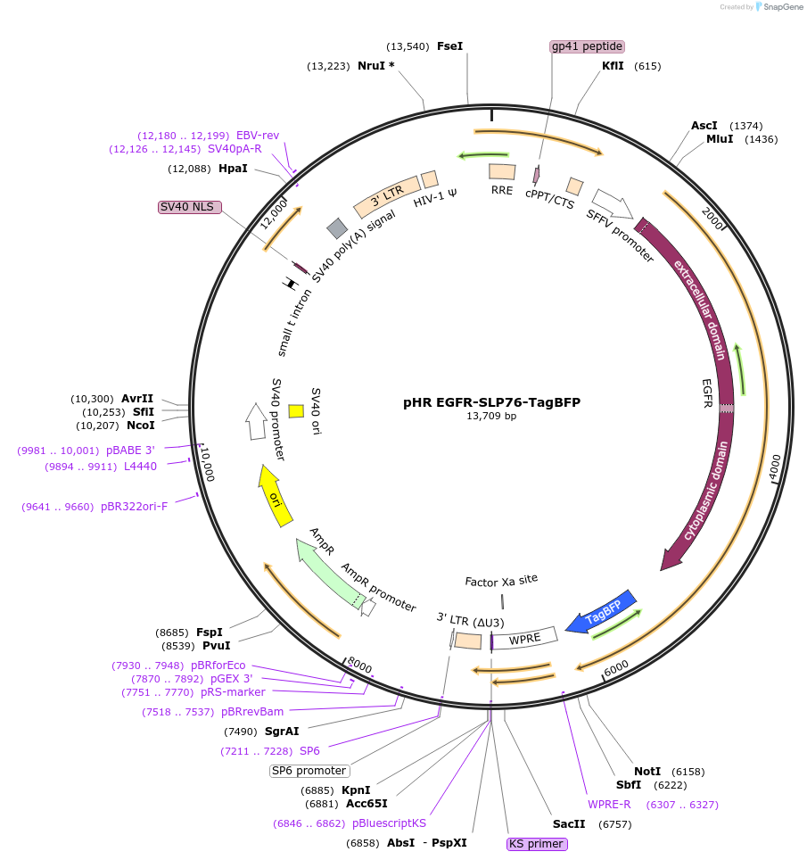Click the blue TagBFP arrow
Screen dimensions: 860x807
click(604, 611)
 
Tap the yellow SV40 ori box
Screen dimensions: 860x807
click(296, 411)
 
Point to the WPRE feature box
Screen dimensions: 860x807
click(524, 639)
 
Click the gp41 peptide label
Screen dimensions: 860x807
click(587, 46)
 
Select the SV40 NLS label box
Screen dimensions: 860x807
click(186, 206)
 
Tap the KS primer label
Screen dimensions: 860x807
click(536, 843)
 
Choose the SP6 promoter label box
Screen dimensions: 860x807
click(309, 771)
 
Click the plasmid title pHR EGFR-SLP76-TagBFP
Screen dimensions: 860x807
click(491, 402)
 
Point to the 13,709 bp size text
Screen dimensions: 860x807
click(491, 416)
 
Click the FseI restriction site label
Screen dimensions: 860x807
click(449, 46)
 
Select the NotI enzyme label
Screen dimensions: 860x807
click(647, 771)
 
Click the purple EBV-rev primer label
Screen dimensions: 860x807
click(258, 135)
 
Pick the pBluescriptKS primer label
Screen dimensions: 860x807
click(389, 823)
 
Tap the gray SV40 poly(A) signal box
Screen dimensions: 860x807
click(337, 228)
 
